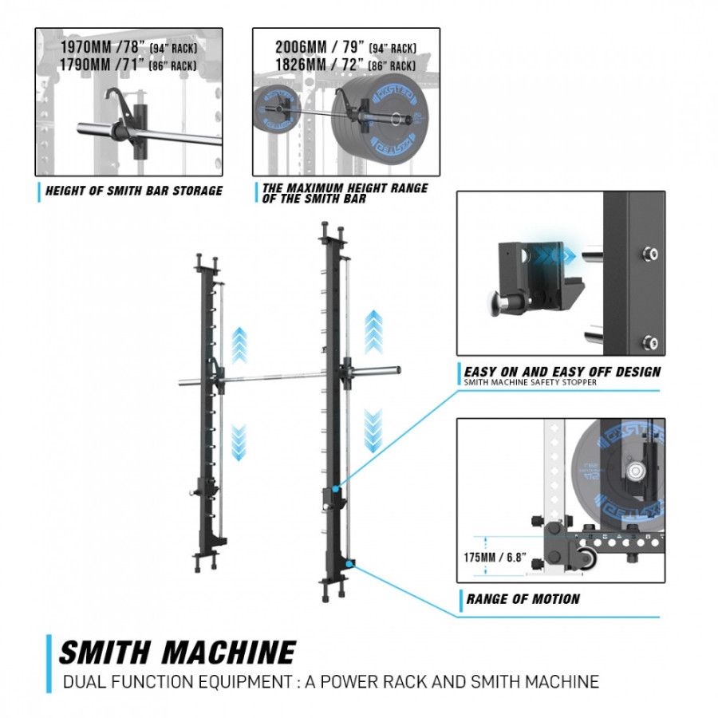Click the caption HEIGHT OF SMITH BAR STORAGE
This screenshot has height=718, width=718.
(x=133, y=191)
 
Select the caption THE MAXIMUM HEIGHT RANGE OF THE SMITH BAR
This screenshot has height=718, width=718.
(x=345, y=193)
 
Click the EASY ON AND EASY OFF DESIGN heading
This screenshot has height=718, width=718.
(x=562, y=371)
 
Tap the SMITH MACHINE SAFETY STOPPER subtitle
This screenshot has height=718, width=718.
(x=530, y=383)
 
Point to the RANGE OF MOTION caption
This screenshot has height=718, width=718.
(x=523, y=599)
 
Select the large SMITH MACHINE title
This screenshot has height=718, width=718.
(x=177, y=652)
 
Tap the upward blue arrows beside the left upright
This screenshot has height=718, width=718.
(x=239, y=345)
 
